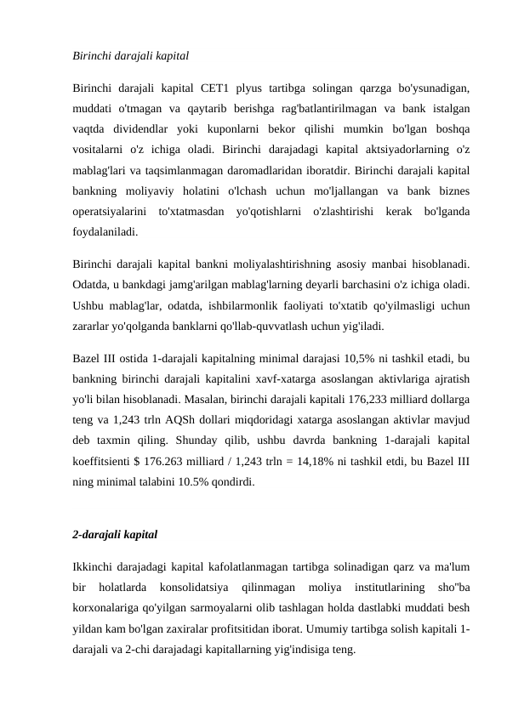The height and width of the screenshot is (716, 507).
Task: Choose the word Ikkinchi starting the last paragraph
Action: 96,566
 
